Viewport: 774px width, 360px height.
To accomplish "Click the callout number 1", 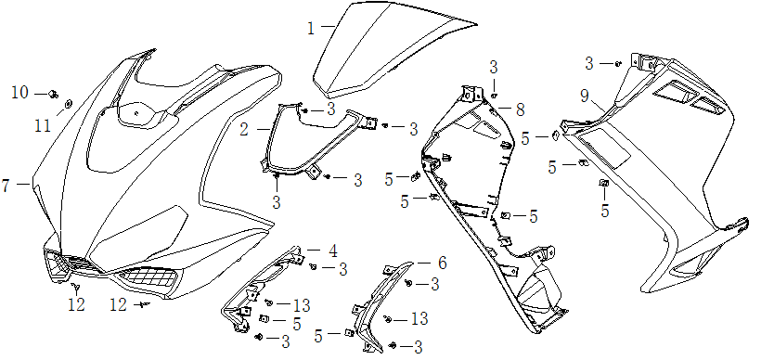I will tap(312, 29).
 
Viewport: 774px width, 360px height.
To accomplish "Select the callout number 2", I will tap(244, 130).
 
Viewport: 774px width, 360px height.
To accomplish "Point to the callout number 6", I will tap(442, 264).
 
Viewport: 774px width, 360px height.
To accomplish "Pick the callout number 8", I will tap(520, 109).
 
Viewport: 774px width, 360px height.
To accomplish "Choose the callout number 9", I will tap(585, 96).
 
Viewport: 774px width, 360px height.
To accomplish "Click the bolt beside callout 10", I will tap(55, 93).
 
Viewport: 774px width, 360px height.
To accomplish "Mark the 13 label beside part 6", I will tap(419, 319).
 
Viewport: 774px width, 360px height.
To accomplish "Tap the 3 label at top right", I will tap(588, 63).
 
